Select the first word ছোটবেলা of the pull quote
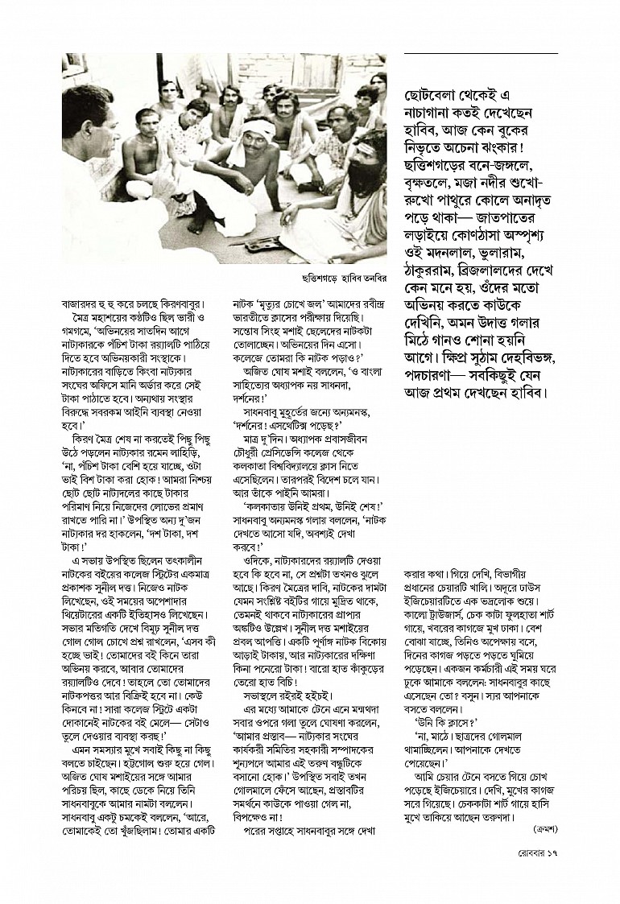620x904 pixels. [x=436, y=93]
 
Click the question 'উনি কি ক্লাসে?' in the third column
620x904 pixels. [x=444, y=745]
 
